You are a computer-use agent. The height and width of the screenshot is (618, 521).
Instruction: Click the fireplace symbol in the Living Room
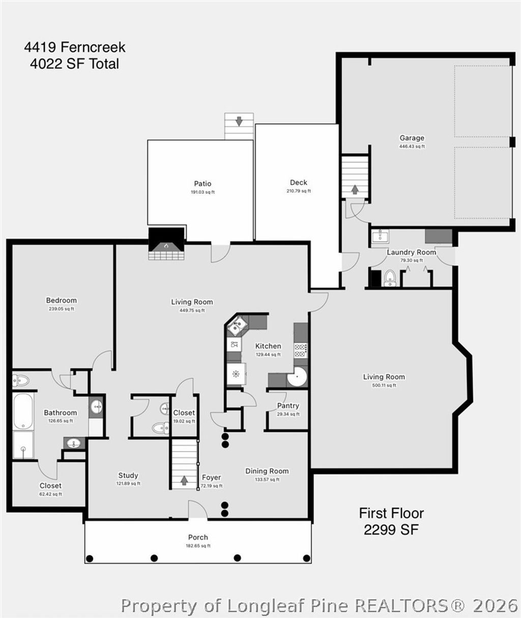click(166, 244)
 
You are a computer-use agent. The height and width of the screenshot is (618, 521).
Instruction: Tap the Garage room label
click(412, 138)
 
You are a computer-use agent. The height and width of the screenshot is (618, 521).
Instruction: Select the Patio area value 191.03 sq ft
click(202, 192)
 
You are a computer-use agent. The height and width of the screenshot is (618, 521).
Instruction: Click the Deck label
click(299, 183)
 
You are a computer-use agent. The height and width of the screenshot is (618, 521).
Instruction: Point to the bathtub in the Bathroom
click(23, 410)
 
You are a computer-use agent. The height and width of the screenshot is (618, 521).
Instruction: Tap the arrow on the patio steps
click(239, 122)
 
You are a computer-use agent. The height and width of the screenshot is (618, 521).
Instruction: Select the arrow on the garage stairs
click(354, 189)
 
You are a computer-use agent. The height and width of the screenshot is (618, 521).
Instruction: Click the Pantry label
click(288, 406)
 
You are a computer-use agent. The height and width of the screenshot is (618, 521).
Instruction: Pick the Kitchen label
click(268, 346)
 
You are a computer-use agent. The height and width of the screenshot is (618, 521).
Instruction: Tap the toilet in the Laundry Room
click(390, 278)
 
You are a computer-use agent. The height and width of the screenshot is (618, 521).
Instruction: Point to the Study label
click(128, 476)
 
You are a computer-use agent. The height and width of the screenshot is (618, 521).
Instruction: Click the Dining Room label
click(267, 471)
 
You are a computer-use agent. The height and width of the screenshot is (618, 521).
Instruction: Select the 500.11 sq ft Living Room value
click(384, 385)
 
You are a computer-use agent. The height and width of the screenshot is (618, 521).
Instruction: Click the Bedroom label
click(62, 300)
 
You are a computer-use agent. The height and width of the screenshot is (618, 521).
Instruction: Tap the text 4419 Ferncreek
click(75, 48)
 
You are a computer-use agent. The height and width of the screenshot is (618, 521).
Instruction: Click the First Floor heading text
click(391, 513)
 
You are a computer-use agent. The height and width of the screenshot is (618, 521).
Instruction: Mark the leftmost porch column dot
click(90, 558)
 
